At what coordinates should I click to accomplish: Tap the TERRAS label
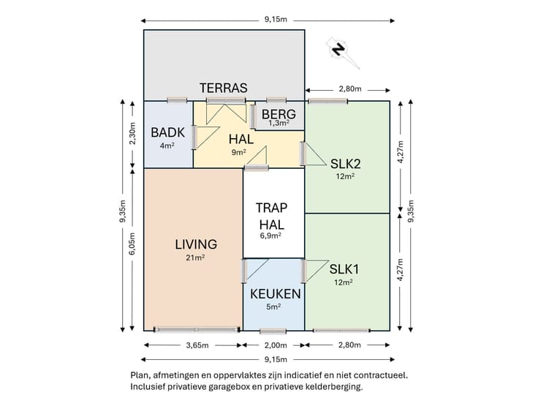coord(224,88)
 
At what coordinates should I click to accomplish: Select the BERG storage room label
coord(279,114)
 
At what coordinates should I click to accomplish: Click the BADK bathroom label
coord(168,132)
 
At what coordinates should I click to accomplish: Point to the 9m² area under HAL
coord(238,152)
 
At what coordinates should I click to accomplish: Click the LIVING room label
coord(196,244)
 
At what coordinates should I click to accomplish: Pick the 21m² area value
coord(195,257)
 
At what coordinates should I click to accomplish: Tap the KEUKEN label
coord(275,294)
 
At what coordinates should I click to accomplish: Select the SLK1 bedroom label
coord(344,269)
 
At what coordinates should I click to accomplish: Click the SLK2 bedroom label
coord(345,164)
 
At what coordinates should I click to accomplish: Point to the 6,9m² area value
coord(270,236)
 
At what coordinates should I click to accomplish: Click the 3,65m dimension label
coord(197,345)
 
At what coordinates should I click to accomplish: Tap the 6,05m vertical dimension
coord(132,244)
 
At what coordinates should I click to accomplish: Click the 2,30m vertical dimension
coord(132,133)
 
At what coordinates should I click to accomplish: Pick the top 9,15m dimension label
coord(276,19)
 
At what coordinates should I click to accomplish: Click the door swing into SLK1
coord(316,271)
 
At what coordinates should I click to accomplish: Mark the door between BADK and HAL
coord(205,138)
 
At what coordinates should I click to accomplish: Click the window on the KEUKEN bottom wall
coord(273,331)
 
